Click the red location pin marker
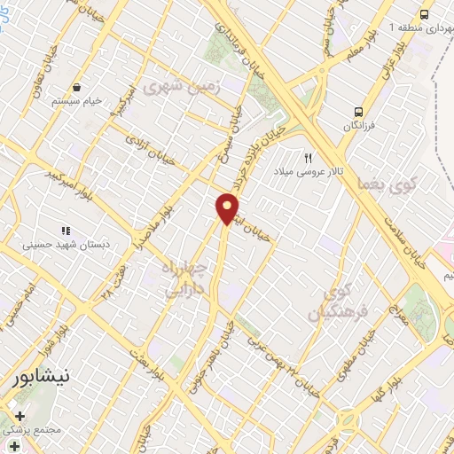click(227, 208)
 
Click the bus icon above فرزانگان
click(359, 112)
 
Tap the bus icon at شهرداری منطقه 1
click(425, 15)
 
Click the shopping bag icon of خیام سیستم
click(79, 88)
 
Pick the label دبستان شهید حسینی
click(62, 239)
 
